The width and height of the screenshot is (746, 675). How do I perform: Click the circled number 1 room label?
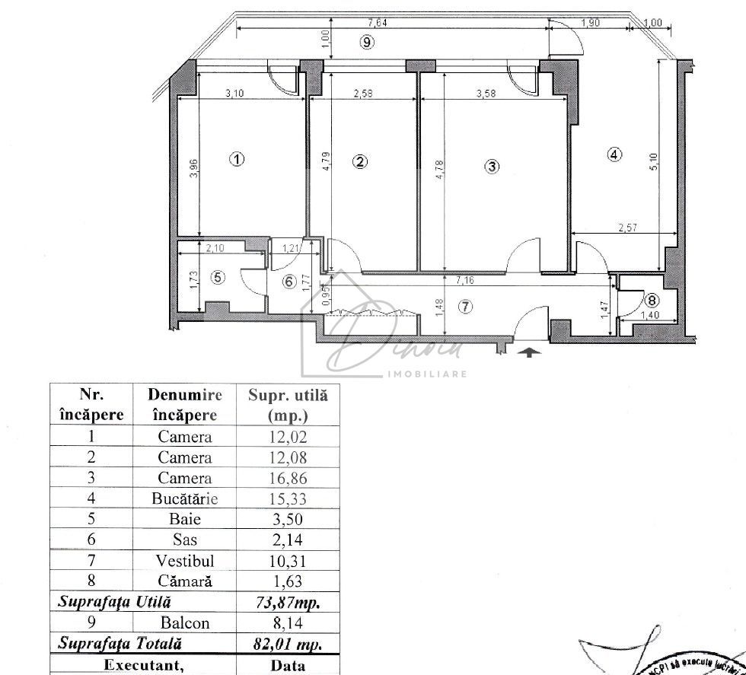click(x=238, y=160)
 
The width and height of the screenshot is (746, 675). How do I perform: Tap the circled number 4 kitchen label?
click(x=614, y=154)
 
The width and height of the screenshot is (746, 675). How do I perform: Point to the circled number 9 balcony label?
click(x=367, y=43)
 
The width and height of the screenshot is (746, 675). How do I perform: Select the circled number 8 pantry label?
click(x=652, y=298)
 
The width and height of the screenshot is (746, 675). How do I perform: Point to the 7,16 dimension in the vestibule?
click(x=466, y=281)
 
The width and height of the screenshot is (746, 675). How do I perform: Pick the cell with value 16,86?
click(x=288, y=479)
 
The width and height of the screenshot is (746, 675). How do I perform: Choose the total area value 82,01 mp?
click(x=288, y=644)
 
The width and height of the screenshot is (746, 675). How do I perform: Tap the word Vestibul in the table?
click(x=185, y=561)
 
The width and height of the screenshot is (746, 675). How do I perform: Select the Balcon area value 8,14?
click(x=288, y=622)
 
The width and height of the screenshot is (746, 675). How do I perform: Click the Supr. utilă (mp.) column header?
click(x=288, y=405)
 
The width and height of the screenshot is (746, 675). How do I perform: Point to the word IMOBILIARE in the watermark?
click(x=426, y=373)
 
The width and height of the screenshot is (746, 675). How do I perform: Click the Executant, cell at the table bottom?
click(x=143, y=665)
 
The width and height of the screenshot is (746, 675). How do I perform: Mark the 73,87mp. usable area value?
click(x=288, y=602)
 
